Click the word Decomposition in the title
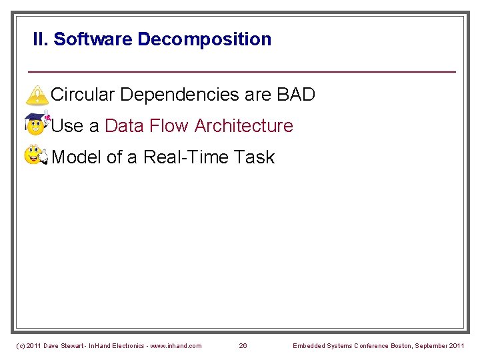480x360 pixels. (204, 39)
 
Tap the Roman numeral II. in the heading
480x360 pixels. (41, 39)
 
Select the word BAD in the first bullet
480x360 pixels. (295, 95)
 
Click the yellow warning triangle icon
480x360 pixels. (37, 95)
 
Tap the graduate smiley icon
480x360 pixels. (36, 125)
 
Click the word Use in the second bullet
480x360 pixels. (66, 126)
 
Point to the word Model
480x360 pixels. (77, 157)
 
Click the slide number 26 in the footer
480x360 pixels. (243, 345)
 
